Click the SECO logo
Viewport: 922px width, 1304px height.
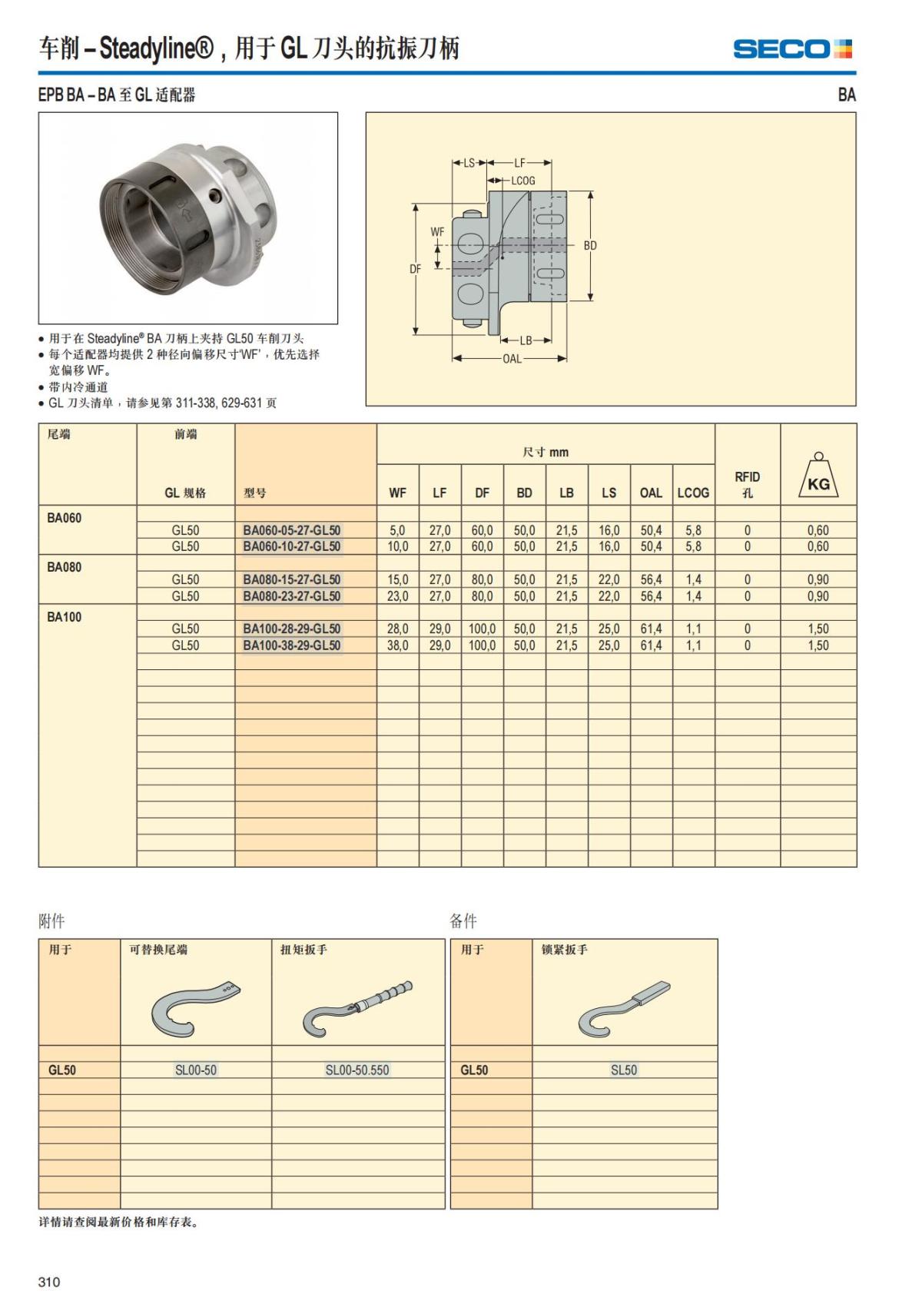pos(792,49)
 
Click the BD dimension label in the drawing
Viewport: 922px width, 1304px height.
pos(589,246)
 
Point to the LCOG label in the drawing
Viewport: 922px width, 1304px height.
pos(523,181)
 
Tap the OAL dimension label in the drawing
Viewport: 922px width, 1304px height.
pos(512,359)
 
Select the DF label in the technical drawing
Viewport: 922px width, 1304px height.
pos(415,269)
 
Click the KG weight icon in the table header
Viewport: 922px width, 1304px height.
pos(818,476)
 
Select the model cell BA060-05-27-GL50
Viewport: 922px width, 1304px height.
pos(292,530)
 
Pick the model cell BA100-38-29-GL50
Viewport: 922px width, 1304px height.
pos(292,645)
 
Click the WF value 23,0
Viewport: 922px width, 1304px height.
pos(397,596)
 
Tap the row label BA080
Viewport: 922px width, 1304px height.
pos(64,567)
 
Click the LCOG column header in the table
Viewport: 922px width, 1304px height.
pos(693,493)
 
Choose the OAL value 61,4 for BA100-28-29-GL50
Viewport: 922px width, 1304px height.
pos(651,629)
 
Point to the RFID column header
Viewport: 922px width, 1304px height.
pos(747,484)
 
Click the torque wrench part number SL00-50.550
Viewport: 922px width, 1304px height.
pos(357,1070)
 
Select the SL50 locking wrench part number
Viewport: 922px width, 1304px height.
pos(624,1070)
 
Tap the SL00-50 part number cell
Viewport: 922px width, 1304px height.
pos(196,1070)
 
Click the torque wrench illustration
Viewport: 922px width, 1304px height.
pos(357,1007)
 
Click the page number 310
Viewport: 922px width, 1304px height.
pos(49,1282)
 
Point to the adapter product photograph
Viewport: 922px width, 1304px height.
pos(188,218)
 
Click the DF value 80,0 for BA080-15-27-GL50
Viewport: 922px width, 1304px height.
pos(482,579)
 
